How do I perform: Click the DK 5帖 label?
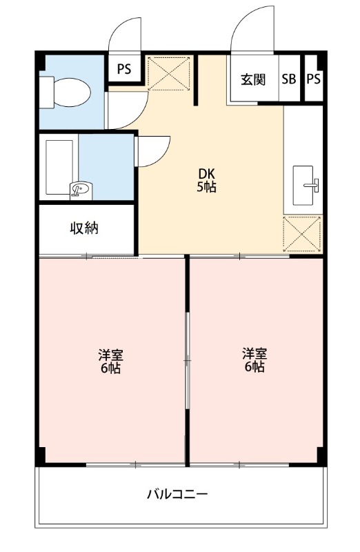(208, 180)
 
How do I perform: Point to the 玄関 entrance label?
(253, 79)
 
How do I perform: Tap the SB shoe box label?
(288, 79)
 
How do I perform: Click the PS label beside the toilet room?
(124, 69)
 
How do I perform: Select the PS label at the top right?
(313, 79)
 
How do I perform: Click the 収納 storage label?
(84, 228)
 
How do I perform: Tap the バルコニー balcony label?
(177, 494)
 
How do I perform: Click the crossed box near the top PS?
(169, 73)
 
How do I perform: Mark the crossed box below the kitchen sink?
(302, 234)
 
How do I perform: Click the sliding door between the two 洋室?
(187, 359)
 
